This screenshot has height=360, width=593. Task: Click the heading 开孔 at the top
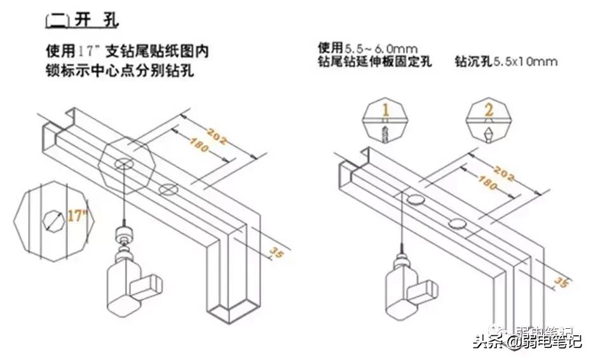82,18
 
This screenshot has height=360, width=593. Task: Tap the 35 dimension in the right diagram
560,280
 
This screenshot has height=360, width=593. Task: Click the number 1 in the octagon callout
385,109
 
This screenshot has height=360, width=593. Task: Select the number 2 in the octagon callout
489,109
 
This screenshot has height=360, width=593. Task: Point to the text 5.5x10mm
525,62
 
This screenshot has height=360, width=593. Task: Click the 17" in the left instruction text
92,50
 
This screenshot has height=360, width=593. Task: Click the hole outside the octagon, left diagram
168,188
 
